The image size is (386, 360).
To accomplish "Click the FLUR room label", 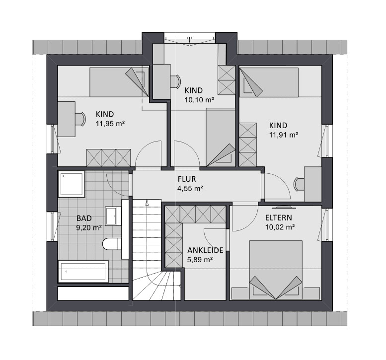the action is pos(187,179).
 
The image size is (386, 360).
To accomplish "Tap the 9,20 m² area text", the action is pos(89,228).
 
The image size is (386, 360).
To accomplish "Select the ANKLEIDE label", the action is pos(205,250).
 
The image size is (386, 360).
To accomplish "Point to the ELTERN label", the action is pos(279,218).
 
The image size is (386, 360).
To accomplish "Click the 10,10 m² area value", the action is pos(199,100).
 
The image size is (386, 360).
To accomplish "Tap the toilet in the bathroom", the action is pos(112,244).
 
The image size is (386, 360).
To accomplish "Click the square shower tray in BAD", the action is pos(72,184).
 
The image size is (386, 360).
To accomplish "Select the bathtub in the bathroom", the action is pos(83,272).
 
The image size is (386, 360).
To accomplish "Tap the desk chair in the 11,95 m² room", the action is pos(80,119).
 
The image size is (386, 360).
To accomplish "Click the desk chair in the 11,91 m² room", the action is pos(299,184).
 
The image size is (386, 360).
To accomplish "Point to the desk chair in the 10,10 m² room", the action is pos(175,81).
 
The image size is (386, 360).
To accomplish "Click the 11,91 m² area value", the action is pos(284,135).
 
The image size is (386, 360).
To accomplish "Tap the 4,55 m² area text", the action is pos(190,189).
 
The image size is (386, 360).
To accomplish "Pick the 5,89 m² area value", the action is pos(200,260).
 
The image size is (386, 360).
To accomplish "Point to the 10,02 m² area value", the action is pos(280,227).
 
